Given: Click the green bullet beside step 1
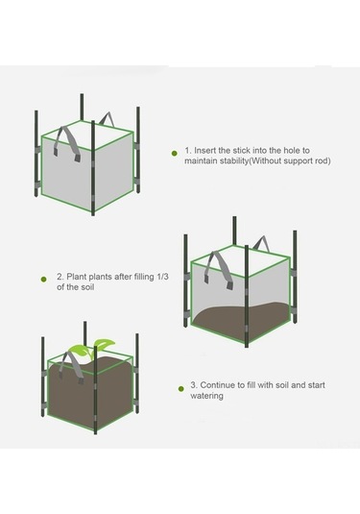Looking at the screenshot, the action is [x=175, y=153].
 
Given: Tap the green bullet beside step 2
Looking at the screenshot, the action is [x=43, y=280].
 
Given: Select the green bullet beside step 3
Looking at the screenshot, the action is [x=181, y=389].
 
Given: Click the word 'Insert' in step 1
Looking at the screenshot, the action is [x=204, y=151].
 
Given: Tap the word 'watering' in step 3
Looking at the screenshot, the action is [x=206, y=396].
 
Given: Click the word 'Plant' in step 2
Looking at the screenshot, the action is [x=77, y=277].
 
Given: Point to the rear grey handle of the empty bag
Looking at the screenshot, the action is [x=107, y=119].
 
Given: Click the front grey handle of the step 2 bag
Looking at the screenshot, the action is [x=219, y=269].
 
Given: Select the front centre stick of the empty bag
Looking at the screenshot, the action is [x=93, y=168].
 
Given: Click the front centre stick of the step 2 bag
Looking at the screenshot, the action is [x=247, y=296].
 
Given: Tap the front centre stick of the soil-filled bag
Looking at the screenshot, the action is [x=95, y=390].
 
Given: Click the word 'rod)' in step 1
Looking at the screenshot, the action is [x=323, y=161].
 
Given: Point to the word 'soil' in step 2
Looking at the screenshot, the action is [x=87, y=287].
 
